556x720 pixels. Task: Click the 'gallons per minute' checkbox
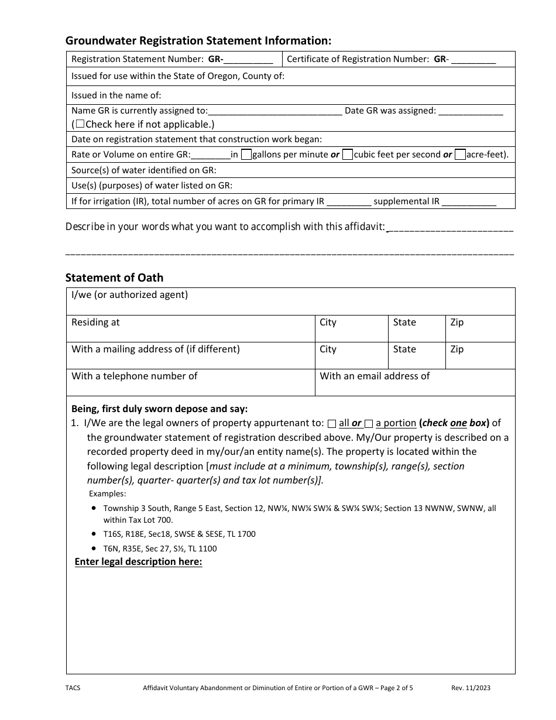(246, 155)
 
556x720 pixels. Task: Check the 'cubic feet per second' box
(348, 155)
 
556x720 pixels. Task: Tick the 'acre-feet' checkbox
(460, 155)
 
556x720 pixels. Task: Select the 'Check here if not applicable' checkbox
(80, 124)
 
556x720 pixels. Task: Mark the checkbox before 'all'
(332, 424)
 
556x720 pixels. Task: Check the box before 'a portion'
(369, 424)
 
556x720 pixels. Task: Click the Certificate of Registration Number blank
(473, 60)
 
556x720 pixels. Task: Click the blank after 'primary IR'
(348, 202)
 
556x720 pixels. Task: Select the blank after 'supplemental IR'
(469, 202)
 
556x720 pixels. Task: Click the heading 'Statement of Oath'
(114, 277)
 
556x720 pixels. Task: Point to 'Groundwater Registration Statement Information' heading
(198, 40)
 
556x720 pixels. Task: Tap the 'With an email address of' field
(415, 382)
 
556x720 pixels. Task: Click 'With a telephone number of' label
(135, 376)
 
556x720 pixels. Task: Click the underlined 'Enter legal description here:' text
(139, 562)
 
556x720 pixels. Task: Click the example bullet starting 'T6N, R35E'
(160, 548)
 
